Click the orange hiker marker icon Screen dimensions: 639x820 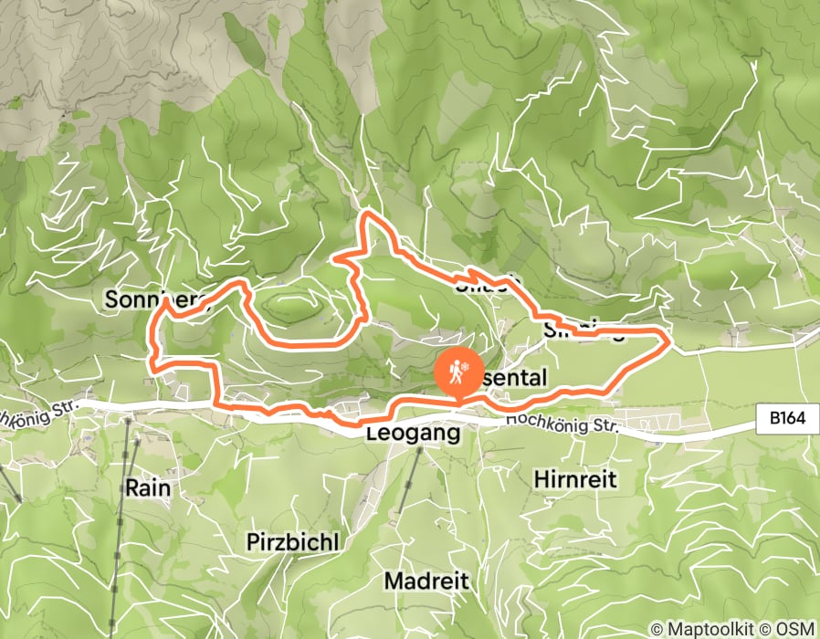click(457, 371)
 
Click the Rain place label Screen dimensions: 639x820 click(148, 487)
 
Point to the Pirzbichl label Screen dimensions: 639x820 click(292, 541)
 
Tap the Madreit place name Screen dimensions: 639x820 click(426, 581)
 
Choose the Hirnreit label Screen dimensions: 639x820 click(575, 478)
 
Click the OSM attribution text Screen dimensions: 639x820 click(796, 630)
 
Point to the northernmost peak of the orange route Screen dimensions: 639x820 click(367, 214)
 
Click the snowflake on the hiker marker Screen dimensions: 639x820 click(465, 365)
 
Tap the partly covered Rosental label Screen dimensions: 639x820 click(516, 378)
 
